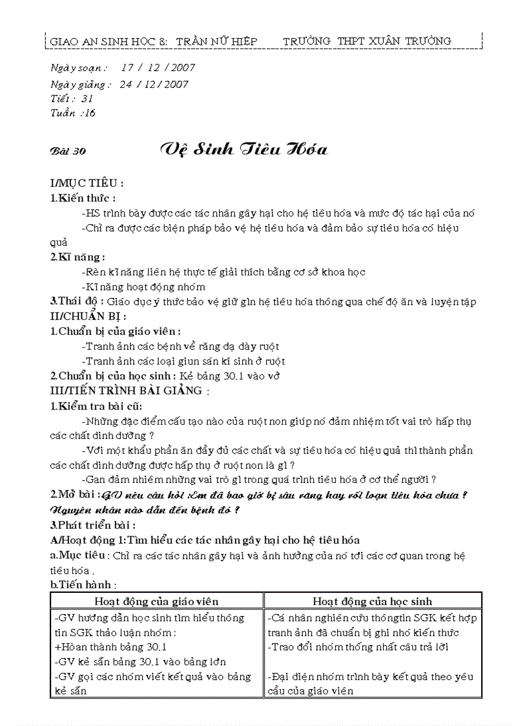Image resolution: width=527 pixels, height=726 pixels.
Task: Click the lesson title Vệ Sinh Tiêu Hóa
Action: [244, 150]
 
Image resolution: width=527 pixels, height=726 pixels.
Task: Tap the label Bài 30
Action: [68, 151]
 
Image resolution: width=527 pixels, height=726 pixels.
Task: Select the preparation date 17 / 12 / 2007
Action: [158, 67]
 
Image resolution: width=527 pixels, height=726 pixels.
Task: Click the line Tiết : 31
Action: [72, 98]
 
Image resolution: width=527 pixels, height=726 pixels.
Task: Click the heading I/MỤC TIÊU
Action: [87, 184]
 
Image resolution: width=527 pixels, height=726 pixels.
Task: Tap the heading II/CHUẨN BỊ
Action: [88, 316]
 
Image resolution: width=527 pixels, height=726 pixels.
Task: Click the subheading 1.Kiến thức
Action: [83, 198]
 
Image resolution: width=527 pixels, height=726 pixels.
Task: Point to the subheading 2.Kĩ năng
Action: [78, 257]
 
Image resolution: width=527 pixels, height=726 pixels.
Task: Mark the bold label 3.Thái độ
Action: [77, 301]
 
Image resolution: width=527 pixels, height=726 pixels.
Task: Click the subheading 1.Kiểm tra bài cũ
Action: [96, 407]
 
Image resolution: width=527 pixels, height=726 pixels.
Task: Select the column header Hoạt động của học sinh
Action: [373, 601]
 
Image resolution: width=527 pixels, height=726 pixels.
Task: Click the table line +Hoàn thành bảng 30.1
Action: [111, 646]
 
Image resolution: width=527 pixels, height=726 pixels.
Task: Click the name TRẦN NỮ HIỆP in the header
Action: [216, 41]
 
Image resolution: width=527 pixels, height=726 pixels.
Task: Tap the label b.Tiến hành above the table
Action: [83, 584]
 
